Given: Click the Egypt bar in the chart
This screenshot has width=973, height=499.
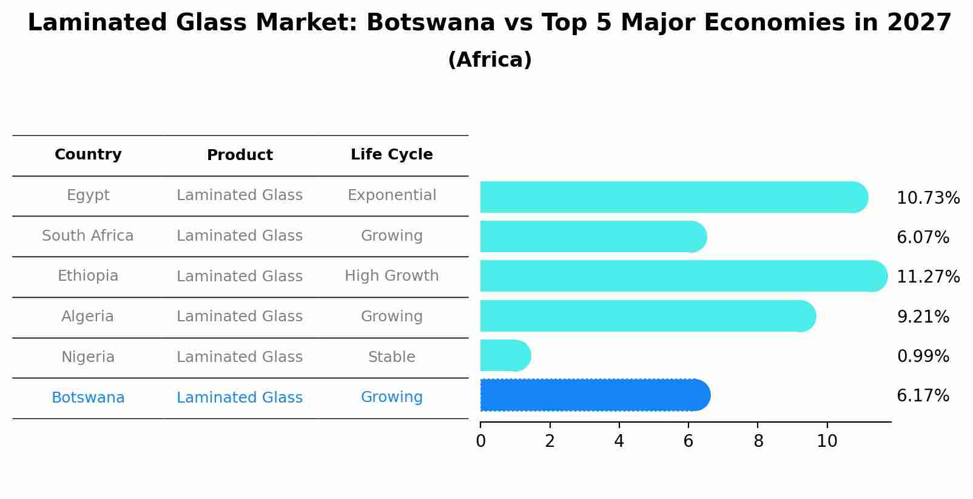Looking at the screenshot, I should coord(673,197).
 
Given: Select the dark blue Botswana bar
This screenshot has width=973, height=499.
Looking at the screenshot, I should coord(594,395).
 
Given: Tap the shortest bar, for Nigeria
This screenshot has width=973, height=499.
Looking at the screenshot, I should coord(505,355).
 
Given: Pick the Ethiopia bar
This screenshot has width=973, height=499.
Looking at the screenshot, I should coord(683,276).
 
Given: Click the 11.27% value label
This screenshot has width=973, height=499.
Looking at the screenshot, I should coord(928,277).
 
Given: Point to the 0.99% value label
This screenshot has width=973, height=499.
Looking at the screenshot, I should coord(923,357).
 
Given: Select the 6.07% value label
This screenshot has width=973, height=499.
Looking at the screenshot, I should coord(923,238).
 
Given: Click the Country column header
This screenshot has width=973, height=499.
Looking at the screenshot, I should coord(88,155).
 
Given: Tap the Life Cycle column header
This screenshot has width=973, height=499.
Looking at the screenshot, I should coord(391,155).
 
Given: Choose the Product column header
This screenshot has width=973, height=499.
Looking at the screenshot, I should coord(240,155).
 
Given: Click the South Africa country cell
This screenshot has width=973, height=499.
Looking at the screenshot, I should coord(88,236).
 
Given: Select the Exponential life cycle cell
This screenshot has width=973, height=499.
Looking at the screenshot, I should coord(391,195).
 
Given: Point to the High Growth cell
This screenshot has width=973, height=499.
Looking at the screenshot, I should coord(391,276).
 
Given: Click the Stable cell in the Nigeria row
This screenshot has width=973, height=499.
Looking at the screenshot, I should coord(391,357).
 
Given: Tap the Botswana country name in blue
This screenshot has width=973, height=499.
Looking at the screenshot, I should coord(88,398).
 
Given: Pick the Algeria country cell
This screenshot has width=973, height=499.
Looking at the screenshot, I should coord(88,316).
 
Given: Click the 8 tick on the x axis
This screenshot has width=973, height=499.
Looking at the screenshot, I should coord(758,441).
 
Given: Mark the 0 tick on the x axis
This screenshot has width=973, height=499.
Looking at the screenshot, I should coord(480,441).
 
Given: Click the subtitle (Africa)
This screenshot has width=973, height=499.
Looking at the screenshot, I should coord(490,60).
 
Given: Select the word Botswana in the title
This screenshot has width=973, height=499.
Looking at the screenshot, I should coord(431,23).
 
